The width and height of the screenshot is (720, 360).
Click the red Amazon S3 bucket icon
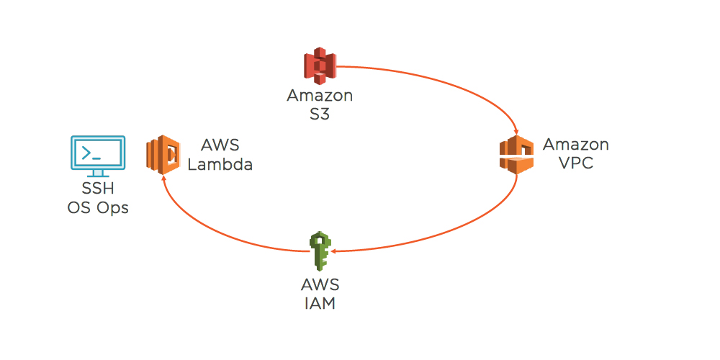tap(320, 66)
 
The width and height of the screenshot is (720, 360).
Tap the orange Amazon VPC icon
tap(518, 154)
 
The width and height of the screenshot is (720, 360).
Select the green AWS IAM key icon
tap(319, 251)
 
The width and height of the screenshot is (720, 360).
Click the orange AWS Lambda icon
tap(163, 154)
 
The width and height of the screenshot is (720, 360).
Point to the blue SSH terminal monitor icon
tap(98, 156)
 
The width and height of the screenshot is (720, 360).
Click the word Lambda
tap(220, 165)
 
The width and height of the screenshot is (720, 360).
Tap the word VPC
tap(576, 163)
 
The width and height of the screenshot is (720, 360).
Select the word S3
tap(320, 114)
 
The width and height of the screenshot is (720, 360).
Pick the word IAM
tap(320, 303)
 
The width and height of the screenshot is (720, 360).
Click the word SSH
tap(98, 191)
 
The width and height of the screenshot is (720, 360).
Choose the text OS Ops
tap(98, 209)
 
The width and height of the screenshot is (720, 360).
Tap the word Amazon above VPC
tap(576, 145)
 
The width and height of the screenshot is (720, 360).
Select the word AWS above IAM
tap(320, 285)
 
